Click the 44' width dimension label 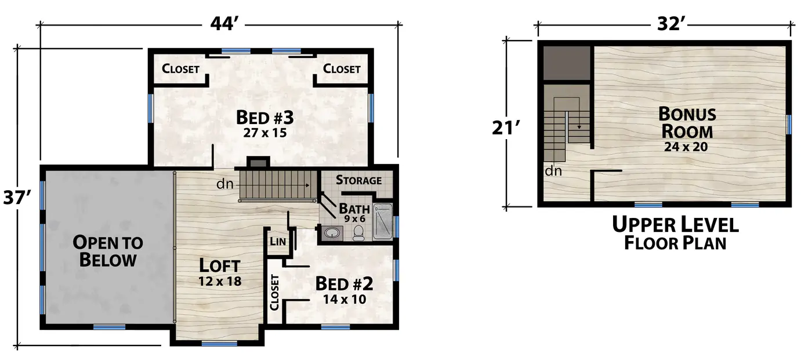tap(224, 24)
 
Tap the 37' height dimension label tap(17, 198)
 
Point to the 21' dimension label tap(506, 128)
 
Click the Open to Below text tap(108, 251)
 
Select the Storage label tap(358, 180)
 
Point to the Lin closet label tap(278, 241)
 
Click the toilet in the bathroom tap(358, 233)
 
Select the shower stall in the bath tap(382, 221)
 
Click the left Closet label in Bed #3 tap(180, 68)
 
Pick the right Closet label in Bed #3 tap(342, 68)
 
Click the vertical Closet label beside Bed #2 tap(274, 292)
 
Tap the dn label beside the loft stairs tap(225, 184)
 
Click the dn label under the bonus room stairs tap(553, 170)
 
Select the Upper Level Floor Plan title tap(675, 233)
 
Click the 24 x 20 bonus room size tap(686, 147)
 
